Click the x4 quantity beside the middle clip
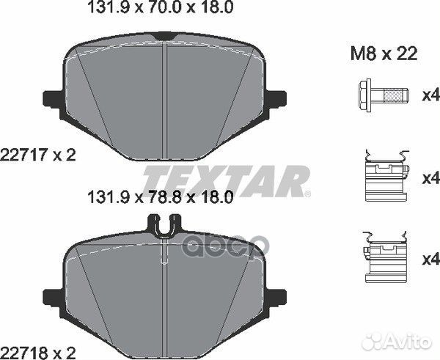[429, 178]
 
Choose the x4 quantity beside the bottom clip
[429, 259]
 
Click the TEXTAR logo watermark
[225, 180]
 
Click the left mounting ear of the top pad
[54, 98]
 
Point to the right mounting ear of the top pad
[276, 98]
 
